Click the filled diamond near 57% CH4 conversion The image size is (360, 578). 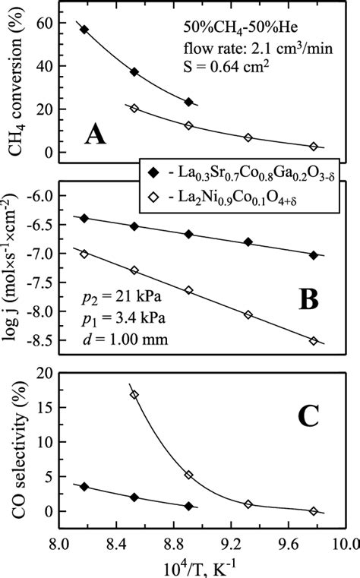[x=84, y=30]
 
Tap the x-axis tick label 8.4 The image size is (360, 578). [x=115, y=542]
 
